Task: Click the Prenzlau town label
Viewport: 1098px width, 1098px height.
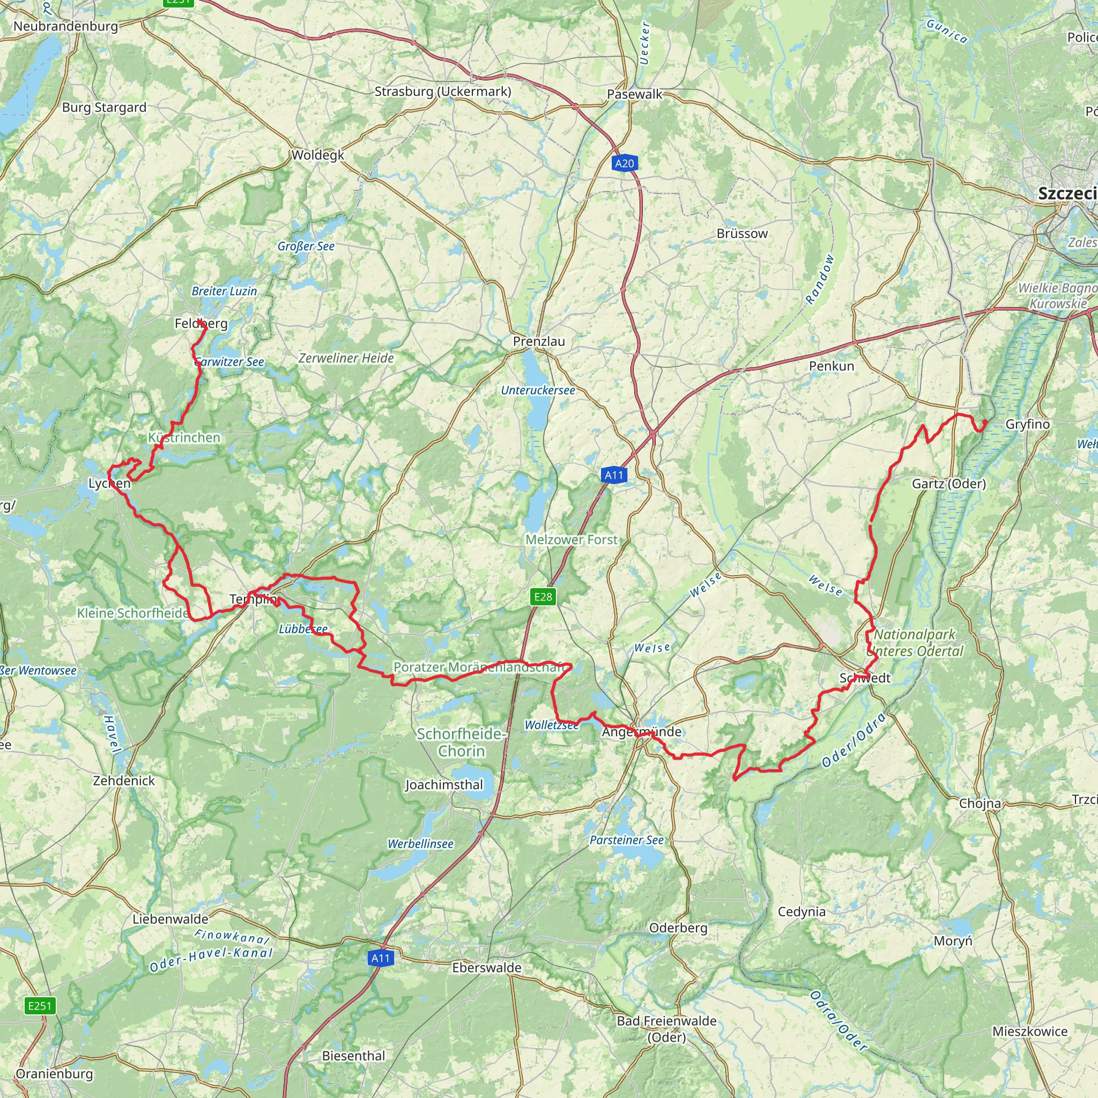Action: (x=539, y=342)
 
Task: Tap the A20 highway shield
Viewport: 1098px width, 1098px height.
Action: (x=624, y=164)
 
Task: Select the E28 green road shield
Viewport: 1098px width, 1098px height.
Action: (x=543, y=597)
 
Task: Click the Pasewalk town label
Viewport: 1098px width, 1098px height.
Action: (x=634, y=94)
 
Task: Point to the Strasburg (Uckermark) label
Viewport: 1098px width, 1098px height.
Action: (x=443, y=92)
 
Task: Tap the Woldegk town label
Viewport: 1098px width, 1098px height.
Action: (x=318, y=155)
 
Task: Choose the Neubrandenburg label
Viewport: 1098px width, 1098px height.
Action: (x=65, y=26)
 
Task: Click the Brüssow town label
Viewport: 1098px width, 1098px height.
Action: (x=741, y=234)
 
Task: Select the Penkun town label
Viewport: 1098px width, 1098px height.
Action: (x=832, y=366)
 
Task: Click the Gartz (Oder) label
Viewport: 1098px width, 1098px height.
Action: (x=948, y=484)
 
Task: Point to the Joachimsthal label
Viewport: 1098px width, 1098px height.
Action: (x=444, y=785)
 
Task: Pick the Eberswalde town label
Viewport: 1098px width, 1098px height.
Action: (x=486, y=968)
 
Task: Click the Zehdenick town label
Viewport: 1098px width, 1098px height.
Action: (x=124, y=781)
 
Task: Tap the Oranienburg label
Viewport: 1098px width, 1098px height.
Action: (x=54, y=1074)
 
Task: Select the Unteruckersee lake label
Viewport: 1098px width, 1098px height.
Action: (x=538, y=390)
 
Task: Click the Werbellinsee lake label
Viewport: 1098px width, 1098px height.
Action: (x=420, y=844)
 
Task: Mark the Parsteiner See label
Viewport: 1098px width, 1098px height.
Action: (x=626, y=840)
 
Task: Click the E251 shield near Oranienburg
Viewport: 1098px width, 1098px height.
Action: (x=40, y=1006)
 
